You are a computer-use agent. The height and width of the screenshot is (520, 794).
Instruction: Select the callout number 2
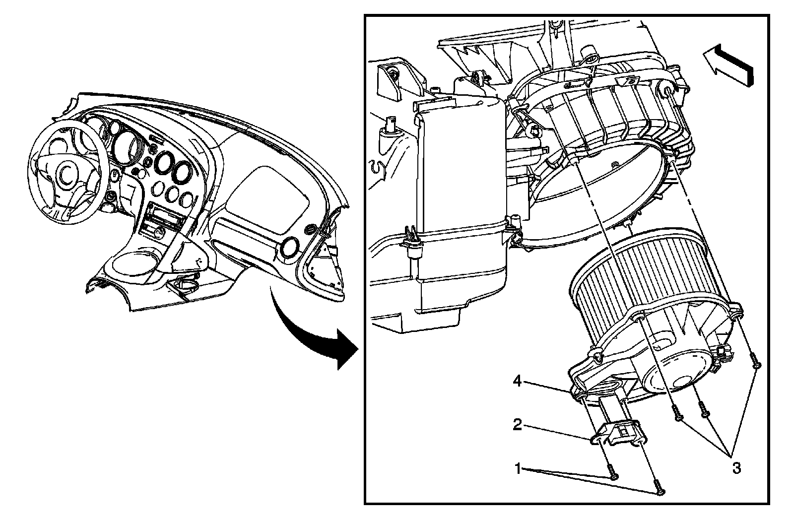pos(517,425)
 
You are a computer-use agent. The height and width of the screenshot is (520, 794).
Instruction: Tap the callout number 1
pos(518,468)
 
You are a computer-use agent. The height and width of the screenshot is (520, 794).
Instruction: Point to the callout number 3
pos(736,467)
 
